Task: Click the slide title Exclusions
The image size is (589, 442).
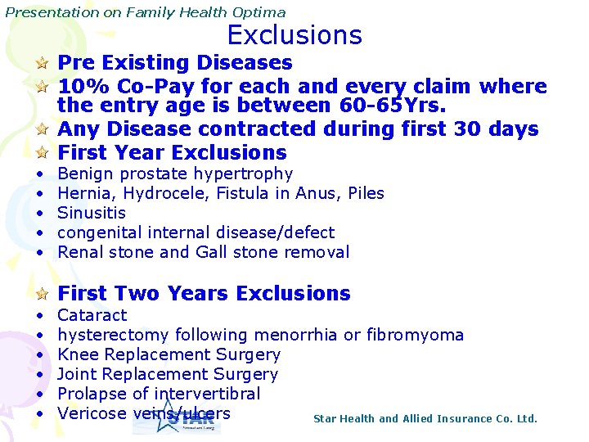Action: (294, 35)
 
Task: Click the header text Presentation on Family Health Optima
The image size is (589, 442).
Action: (146, 12)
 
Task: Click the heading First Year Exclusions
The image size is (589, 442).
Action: (172, 152)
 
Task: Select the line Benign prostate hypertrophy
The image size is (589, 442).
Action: (175, 174)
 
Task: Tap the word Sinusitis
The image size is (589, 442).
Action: (92, 213)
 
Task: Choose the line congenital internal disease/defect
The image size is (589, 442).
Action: (196, 232)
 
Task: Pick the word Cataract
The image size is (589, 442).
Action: (92, 315)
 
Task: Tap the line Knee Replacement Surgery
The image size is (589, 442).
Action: (169, 354)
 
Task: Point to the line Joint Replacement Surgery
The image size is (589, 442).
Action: (168, 374)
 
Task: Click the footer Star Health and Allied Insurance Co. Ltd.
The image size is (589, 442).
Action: (425, 419)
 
